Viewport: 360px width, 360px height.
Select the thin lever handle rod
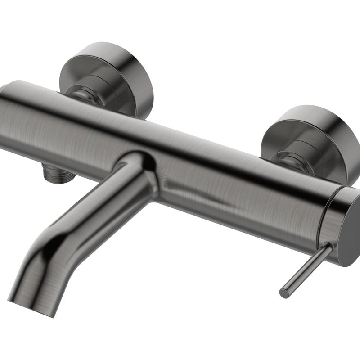tap(308, 268)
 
